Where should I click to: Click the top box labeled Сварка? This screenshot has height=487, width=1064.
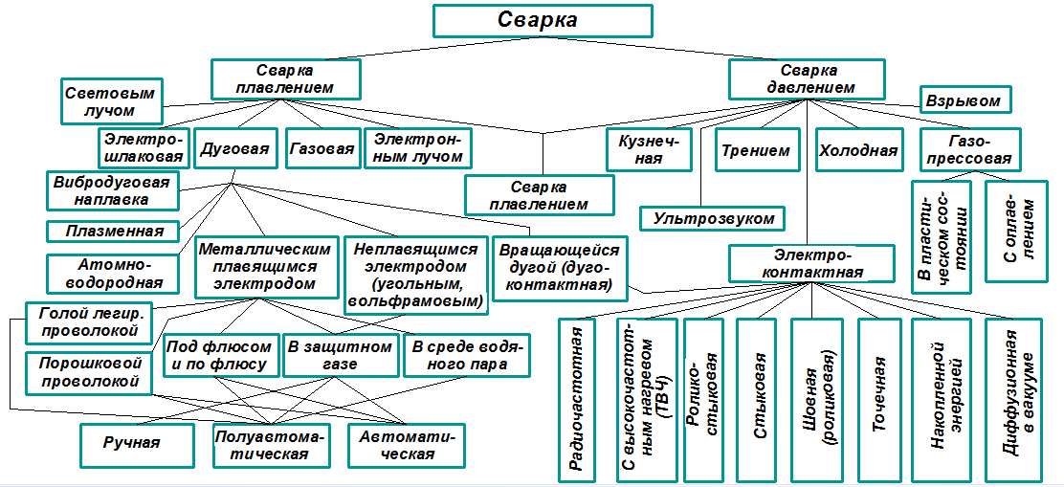543,20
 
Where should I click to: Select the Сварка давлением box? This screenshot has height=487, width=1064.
809,79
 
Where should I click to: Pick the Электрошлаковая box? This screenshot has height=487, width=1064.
144,148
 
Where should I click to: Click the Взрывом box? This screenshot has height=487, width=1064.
963,100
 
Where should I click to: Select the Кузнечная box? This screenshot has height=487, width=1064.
649,149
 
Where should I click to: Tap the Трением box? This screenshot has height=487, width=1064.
756,150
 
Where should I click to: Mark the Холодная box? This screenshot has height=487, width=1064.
858,150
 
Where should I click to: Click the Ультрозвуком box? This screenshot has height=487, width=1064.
714,219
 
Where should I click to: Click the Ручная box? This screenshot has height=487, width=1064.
132,442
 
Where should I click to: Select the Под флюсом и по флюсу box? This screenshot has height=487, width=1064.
221,356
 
